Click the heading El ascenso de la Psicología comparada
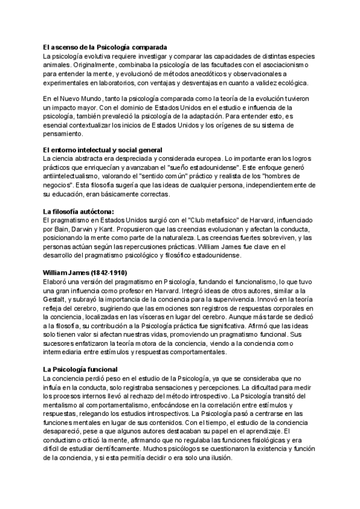pyautogui.click(x=105, y=47)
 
